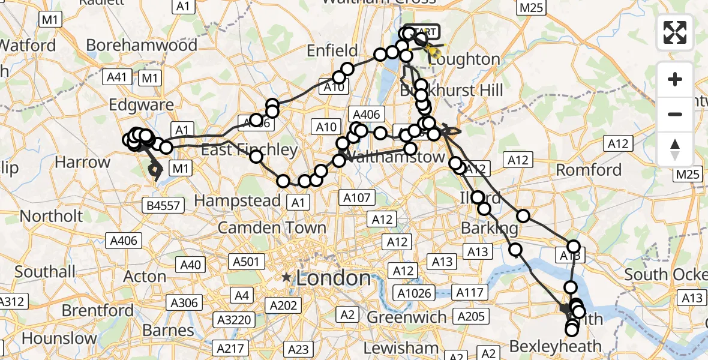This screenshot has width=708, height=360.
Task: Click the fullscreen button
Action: click(675, 32)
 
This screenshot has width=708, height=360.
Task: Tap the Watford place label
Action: click(28, 46)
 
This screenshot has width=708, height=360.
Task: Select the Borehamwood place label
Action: click(142, 46)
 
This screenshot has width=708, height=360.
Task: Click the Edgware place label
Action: click(141, 106)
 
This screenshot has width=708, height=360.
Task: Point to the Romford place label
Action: click(589, 170)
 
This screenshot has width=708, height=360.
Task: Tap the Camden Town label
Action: click(272, 227)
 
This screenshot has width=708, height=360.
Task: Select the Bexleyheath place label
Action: click(555, 346)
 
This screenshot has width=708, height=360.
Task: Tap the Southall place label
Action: click(45, 271)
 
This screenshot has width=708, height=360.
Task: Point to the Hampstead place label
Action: click(238, 200)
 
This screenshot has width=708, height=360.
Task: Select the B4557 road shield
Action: click(163, 206)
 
